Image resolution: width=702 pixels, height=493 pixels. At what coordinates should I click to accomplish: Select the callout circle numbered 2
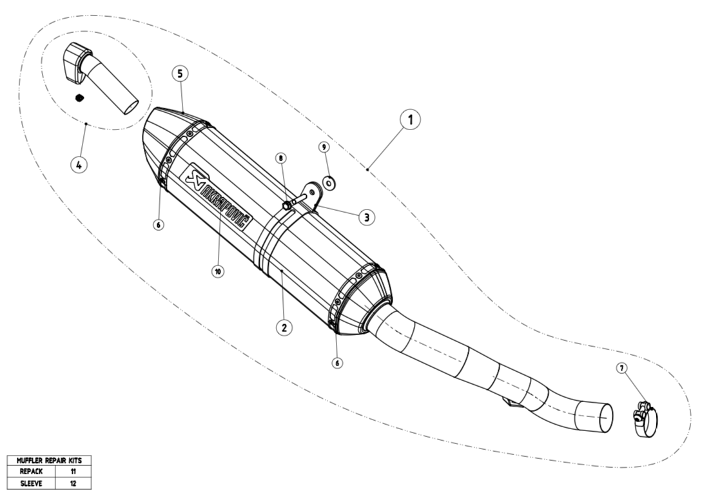tap(284, 327)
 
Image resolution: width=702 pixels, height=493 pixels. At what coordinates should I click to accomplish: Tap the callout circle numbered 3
tap(367, 218)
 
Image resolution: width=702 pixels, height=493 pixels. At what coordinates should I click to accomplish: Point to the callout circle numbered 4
tap(79, 165)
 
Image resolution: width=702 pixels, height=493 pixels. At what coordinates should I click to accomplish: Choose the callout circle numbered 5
tap(180, 73)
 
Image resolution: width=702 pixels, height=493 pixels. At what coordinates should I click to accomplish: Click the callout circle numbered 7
tap(621, 368)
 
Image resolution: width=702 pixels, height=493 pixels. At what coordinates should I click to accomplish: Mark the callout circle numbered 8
tap(280, 158)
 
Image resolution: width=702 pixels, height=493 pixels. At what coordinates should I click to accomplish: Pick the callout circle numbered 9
tap(324, 147)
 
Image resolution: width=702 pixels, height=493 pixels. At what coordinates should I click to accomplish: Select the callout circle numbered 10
tap(218, 271)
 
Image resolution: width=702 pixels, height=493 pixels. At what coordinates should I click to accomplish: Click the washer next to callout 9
tap(329, 182)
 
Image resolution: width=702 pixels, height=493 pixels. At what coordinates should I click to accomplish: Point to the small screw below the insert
tap(79, 97)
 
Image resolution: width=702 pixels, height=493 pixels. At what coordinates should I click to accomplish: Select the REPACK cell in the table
tap(32, 472)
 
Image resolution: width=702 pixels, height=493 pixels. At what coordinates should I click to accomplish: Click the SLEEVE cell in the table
tap(32, 483)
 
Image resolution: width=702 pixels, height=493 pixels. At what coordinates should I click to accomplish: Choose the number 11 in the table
tap(73, 472)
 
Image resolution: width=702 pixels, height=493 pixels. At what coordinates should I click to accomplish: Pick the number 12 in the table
tap(73, 483)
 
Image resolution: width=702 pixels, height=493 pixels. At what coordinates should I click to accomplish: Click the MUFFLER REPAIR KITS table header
tap(49, 460)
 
